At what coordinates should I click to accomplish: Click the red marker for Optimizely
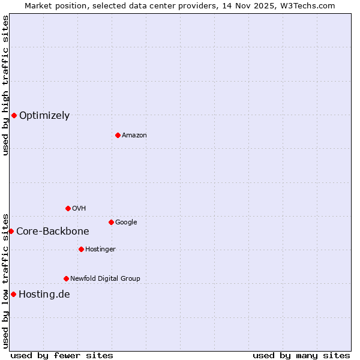coord(14,115)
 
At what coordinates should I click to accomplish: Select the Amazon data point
coord(118,135)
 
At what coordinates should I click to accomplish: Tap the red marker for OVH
coord(68,208)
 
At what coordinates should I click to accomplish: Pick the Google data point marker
coord(111,222)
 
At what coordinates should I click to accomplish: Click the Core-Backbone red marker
coord(11,231)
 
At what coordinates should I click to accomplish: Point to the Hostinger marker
coord(81,249)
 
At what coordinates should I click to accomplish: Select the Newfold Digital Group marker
coord(66,278)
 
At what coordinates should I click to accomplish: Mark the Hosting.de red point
coord(13,294)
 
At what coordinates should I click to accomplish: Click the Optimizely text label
coord(44,116)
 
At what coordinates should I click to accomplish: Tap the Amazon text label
coord(134,136)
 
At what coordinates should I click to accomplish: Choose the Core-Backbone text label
coord(53,232)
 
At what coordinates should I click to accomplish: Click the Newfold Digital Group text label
coord(105,278)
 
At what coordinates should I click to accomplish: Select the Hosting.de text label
coord(44,294)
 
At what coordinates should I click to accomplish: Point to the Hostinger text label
coord(100,249)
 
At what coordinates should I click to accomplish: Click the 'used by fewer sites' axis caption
coord(62,355)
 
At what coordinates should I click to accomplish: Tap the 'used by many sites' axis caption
coord(301,355)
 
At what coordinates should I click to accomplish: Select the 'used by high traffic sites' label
coord(5,85)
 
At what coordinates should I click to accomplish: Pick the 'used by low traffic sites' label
coord(5,280)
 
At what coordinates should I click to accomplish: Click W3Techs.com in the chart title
coord(305,5)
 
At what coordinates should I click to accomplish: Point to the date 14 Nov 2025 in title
coord(242,5)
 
